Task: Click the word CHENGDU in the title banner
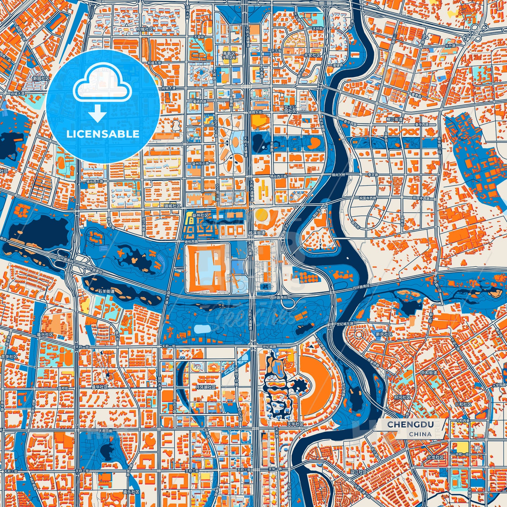410,425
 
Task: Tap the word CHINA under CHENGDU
420,434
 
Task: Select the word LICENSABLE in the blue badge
103,134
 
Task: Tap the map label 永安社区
312,55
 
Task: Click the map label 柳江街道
395,119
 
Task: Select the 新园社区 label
41,79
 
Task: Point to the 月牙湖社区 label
206,387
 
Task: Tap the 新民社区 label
384,334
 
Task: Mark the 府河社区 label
402,397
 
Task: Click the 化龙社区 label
435,458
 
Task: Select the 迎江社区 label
358,472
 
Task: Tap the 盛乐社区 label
131,492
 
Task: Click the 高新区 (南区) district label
230,54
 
